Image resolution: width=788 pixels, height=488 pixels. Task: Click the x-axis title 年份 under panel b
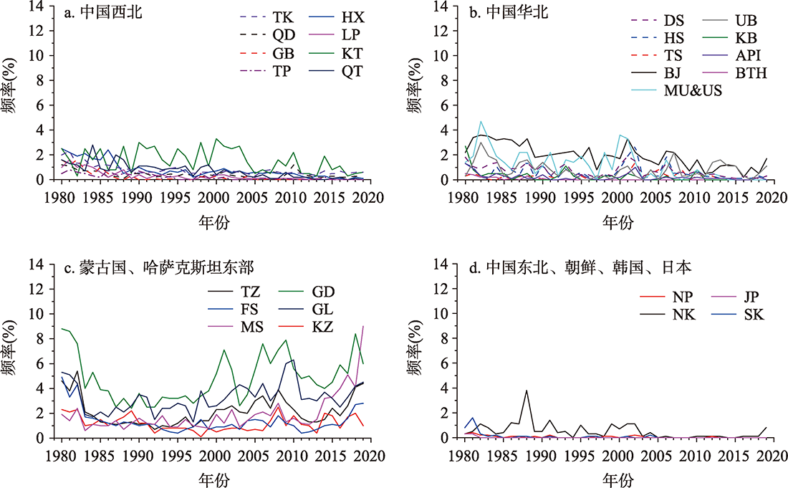click(x=617, y=223)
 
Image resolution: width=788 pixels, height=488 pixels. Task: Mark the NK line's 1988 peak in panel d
click(x=527, y=391)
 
